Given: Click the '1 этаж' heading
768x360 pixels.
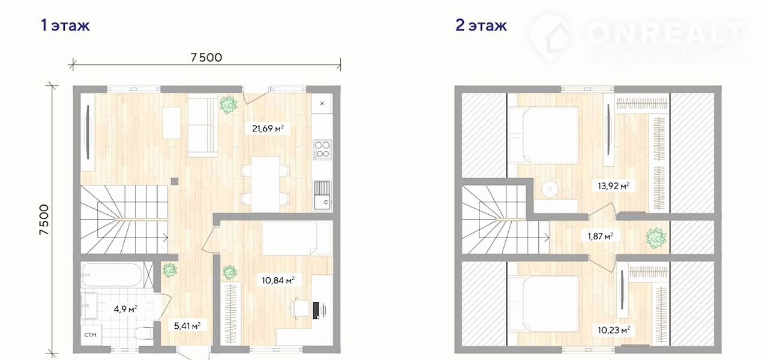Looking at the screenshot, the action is [x=65, y=26].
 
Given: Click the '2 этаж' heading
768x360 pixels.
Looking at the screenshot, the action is [x=481, y=26].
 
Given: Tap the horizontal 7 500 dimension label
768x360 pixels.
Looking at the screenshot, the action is [x=206, y=58].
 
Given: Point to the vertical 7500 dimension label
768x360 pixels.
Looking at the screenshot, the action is [x=44, y=220].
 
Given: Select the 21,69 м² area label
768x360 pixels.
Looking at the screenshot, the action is [x=268, y=128].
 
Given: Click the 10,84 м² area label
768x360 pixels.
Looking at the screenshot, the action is [x=278, y=280].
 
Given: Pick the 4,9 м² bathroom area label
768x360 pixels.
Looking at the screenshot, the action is [x=125, y=309].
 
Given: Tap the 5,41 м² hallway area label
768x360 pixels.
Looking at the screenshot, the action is [x=187, y=326].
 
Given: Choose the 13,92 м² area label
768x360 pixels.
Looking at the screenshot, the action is [x=613, y=186].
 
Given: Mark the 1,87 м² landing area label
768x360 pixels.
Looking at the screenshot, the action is [x=601, y=236].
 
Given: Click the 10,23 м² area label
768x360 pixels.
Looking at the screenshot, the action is [x=614, y=330].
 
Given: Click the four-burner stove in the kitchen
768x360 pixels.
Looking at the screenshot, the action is [x=322, y=150].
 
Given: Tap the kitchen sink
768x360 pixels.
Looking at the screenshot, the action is [x=322, y=196].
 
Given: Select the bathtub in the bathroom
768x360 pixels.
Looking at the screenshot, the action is [x=112, y=275].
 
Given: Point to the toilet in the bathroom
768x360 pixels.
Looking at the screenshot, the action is [x=144, y=333].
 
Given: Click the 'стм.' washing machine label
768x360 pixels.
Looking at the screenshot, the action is [x=91, y=335].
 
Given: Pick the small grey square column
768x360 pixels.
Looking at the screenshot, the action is [x=175, y=181].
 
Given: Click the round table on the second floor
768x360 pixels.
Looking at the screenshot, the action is [x=550, y=189].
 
